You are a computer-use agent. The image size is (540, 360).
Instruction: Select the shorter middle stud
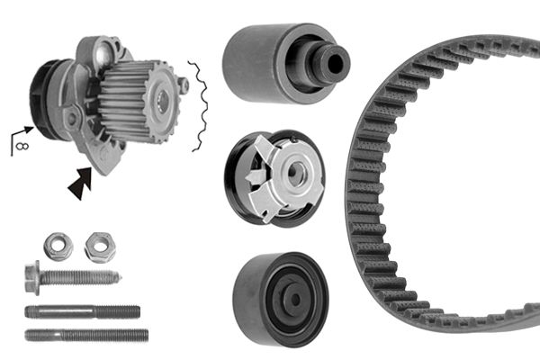(x=82, y=311)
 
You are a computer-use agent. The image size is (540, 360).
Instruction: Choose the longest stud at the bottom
(x=86, y=335)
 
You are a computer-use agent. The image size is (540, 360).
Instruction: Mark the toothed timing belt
(x=378, y=207)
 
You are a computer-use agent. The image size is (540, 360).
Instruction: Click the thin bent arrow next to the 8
(x=22, y=135)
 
